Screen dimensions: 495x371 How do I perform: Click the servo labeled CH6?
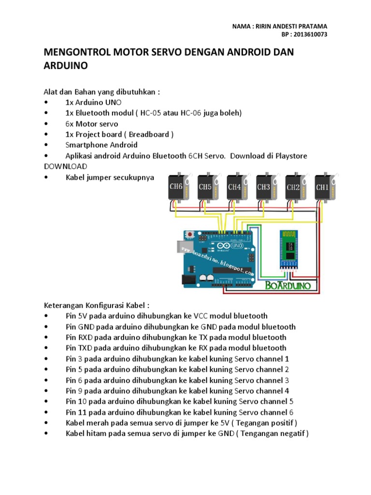coord(175,187)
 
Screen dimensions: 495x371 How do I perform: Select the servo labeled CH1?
coord(322,187)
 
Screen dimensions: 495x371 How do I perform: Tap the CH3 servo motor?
coord(264,187)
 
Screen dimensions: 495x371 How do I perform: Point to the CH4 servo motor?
coord(234,187)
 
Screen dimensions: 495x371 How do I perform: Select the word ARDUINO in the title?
coord(66,66)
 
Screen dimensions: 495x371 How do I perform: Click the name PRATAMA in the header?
coord(311,26)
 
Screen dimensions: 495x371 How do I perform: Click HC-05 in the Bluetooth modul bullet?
coord(152,113)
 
